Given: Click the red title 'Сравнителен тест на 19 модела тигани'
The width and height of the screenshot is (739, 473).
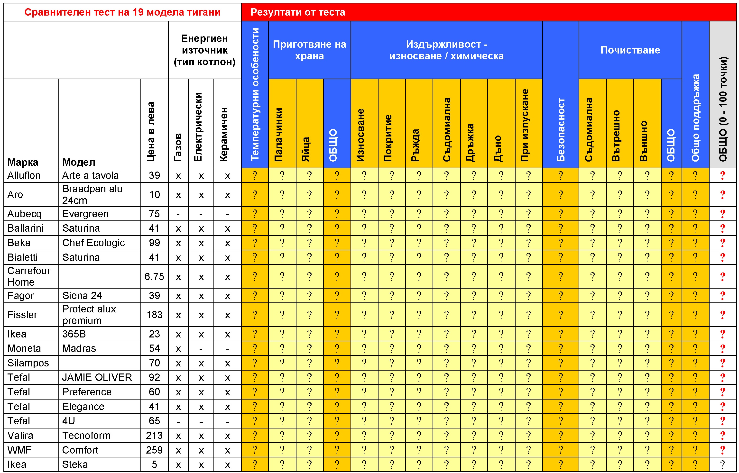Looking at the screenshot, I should coord(122,12).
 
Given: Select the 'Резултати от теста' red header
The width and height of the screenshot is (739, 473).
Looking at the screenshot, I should coord(297,12).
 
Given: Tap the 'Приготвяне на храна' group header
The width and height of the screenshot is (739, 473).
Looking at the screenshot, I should coord(309,50).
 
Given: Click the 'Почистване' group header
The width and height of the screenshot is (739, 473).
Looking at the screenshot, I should coord(630,50).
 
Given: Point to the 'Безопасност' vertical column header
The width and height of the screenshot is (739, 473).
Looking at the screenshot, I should coord(561,129).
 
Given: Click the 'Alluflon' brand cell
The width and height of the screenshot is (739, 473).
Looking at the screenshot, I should coord(24,175).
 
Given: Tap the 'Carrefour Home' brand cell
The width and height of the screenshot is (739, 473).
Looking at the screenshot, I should coord(29,276).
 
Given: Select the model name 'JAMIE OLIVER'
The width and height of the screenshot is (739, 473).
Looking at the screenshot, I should coord(97,377).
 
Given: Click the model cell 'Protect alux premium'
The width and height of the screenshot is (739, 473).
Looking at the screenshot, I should coord(89,315).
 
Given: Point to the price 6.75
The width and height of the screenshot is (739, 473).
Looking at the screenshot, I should coord(154,276).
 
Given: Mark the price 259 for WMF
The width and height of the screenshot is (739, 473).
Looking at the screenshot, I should coord(154,450).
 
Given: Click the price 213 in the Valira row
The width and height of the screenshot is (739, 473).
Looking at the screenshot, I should coord(154,436).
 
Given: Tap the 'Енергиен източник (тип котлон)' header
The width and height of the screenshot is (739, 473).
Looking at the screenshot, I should coord(205,50).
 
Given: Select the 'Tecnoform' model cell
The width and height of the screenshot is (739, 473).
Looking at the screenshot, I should coord(86,436).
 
